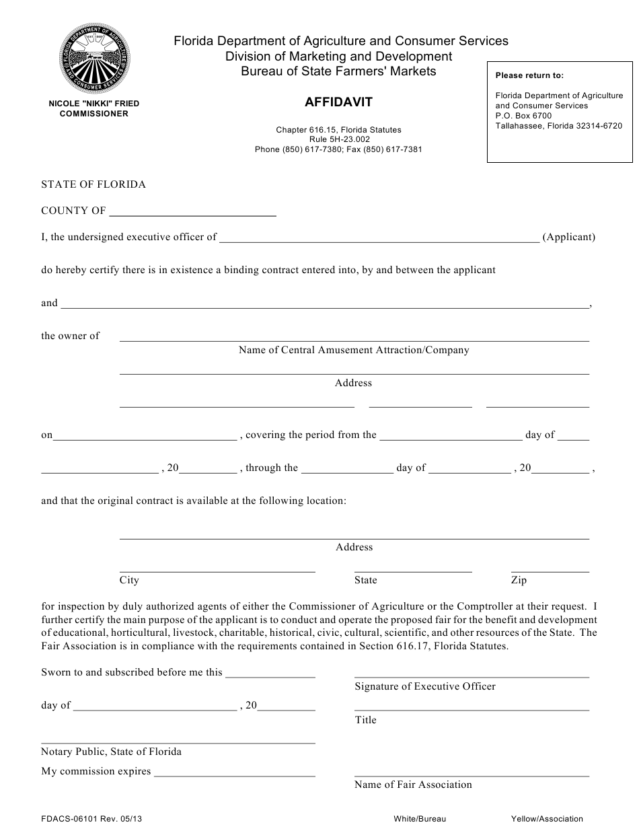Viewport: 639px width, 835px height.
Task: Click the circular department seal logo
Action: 93,59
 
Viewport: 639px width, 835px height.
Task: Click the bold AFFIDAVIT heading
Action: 338,102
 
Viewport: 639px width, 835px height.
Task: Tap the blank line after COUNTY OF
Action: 192,212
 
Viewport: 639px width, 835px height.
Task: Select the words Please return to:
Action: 529,75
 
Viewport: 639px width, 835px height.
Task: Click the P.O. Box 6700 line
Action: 523,116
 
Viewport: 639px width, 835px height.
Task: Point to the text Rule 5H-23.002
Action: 338,139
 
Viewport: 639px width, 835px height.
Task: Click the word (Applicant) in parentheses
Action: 568,237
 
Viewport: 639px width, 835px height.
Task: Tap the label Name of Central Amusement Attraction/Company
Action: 354,350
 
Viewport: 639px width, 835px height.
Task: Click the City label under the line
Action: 129,580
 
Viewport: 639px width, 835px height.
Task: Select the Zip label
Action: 519,580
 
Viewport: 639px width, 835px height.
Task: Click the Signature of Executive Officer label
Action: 425,686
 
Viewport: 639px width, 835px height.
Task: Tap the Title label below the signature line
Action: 366,720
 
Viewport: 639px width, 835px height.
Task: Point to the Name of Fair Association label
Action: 413,785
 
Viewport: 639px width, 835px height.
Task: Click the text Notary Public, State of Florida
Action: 111,752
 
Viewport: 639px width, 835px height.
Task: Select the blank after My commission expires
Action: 235,773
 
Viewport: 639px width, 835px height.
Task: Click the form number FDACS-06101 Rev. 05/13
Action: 91,819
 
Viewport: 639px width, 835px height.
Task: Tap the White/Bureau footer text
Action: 420,819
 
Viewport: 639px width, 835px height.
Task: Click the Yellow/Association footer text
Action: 547,819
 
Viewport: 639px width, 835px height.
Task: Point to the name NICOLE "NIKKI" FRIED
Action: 93,104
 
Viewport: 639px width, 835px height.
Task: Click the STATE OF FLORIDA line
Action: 93,184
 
